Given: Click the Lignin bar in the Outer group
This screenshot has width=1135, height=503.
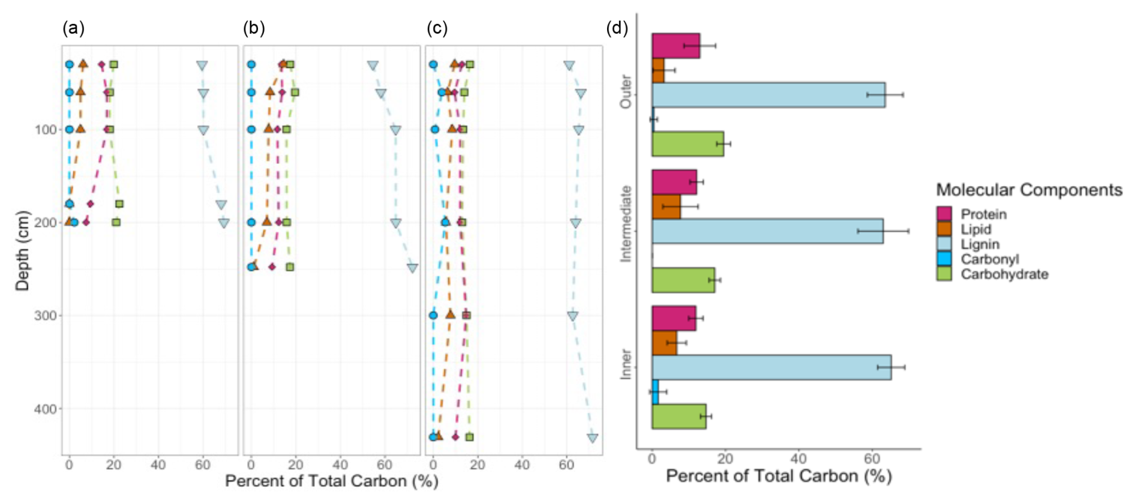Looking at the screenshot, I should (768, 95).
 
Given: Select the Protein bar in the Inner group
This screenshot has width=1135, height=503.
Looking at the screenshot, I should (674, 318).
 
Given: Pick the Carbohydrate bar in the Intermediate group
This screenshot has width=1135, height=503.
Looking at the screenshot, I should (683, 280).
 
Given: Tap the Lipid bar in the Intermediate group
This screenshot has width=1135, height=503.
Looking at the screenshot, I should (666, 206).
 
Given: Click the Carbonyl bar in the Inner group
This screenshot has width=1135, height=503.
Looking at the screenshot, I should (655, 392).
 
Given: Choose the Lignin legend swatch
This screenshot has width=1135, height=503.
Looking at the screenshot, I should (944, 244).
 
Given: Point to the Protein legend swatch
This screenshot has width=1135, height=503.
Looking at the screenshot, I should (944, 214).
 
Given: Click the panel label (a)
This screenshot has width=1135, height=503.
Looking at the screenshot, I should (73, 28).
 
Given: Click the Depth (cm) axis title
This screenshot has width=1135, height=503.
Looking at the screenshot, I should (23, 250).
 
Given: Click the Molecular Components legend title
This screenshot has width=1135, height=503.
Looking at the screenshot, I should (1029, 190).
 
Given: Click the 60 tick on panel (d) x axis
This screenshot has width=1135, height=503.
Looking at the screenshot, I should (871, 459).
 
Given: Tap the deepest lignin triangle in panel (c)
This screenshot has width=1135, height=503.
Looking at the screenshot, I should (593, 438).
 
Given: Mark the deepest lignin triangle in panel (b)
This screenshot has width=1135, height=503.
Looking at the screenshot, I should (412, 268).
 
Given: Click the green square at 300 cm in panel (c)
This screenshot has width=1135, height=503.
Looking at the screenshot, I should (467, 315).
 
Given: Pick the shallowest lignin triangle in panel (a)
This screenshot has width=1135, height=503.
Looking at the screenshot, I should (202, 65).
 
